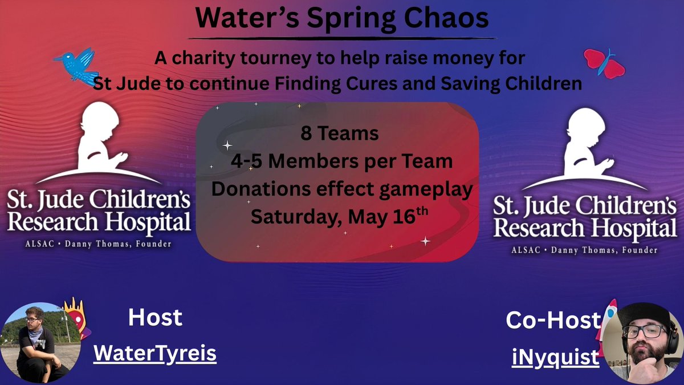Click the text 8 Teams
340,134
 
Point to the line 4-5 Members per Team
341,161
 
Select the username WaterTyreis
155,354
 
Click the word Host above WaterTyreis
155,317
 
